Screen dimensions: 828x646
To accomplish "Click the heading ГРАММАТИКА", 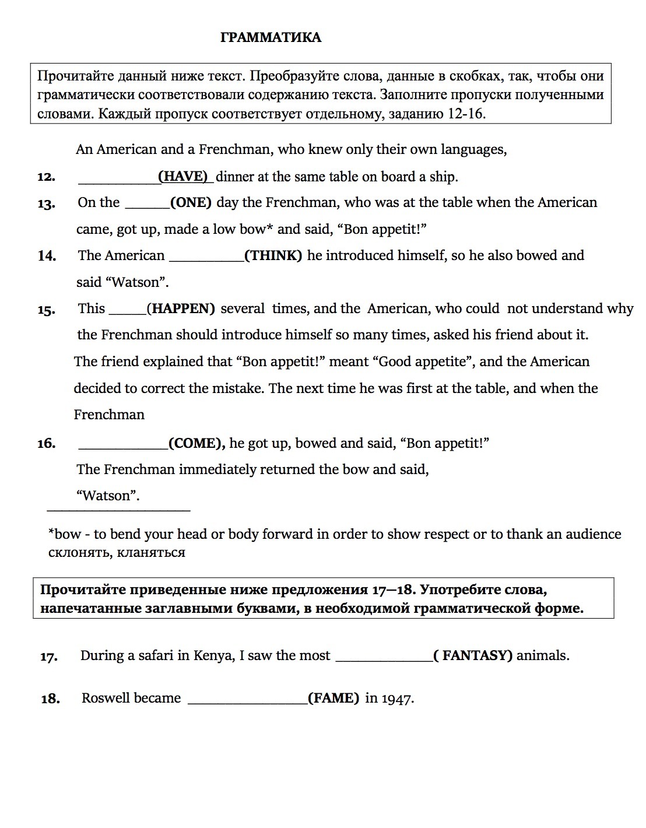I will click(271, 38).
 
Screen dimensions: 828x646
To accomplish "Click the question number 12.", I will click(46, 177).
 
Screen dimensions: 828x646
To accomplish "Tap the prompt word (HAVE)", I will click(183, 176).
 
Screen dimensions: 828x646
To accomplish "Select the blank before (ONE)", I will click(147, 204).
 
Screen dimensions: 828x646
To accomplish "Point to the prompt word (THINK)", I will click(273, 255).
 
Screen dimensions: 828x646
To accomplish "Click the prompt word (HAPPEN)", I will click(181, 308).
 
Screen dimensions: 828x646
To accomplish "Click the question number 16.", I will click(46, 444).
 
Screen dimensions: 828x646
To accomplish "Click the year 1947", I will click(398, 698).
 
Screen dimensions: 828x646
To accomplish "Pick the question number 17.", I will click(49, 657).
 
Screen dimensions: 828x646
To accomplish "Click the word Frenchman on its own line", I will click(109, 415).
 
